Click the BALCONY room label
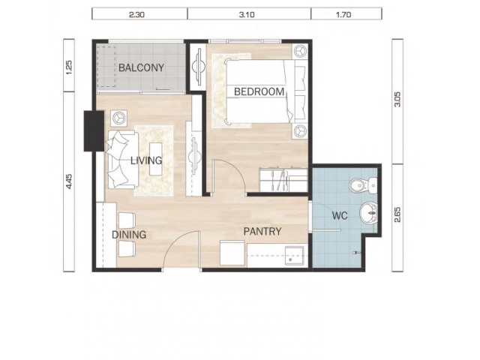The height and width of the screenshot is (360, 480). tap(141, 67)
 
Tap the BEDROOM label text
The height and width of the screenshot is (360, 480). tap(259, 91)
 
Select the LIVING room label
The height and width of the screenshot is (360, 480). tap(146, 160)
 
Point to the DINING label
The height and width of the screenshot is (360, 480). tap(129, 235)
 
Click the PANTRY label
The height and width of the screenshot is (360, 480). tap(262, 232)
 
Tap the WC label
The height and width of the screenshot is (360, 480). tap(340, 215)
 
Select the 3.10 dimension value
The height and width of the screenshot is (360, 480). tap(247, 14)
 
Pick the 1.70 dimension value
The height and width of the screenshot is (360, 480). tap(343, 14)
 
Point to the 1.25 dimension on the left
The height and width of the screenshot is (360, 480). tap(69, 67)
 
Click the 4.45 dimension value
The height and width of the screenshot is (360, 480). tap(69, 181)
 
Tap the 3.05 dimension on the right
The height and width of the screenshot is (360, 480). tap(397, 100)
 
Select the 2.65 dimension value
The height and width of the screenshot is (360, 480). tap(397, 215)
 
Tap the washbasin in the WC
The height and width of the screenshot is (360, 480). tap(369, 213)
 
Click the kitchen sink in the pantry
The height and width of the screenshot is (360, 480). tap(295, 256)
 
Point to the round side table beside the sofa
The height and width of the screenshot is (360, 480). tap(118, 117)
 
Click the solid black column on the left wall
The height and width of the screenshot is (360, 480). tap(94, 131)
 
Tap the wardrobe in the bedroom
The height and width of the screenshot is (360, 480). tap(283, 180)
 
